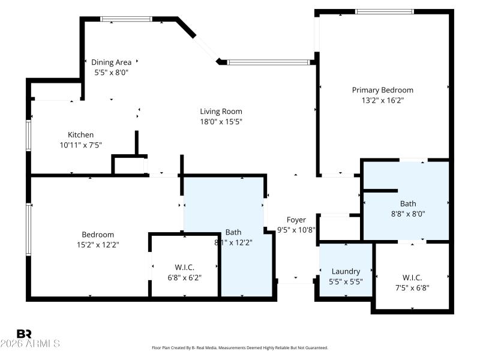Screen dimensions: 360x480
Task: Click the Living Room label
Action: click(221, 111)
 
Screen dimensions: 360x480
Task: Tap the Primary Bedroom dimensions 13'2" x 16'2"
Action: click(382, 100)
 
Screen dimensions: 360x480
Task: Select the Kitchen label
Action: click(80, 135)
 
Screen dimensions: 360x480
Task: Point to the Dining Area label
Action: click(111, 62)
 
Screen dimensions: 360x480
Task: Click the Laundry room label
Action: click(346, 271)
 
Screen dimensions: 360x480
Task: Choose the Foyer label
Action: click(296, 220)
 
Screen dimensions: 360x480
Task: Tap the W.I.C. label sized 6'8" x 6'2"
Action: click(184, 267)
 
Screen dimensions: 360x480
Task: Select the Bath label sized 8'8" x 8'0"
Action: click(408, 203)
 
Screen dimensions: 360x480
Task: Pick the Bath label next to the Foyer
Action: click(233, 232)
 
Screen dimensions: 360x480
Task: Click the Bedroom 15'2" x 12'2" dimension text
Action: click(98, 244)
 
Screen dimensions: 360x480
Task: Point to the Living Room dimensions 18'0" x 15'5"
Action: click(221, 121)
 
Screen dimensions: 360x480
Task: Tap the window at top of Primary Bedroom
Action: click(384, 11)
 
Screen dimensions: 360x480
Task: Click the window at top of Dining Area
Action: click(125, 19)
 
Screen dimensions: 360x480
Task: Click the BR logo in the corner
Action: click(24, 334)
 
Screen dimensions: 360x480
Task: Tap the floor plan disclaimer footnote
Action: click(240, 348)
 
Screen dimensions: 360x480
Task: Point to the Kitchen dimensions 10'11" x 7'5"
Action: click(80, 145)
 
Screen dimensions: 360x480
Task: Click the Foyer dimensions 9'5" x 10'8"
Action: click(296, 229)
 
